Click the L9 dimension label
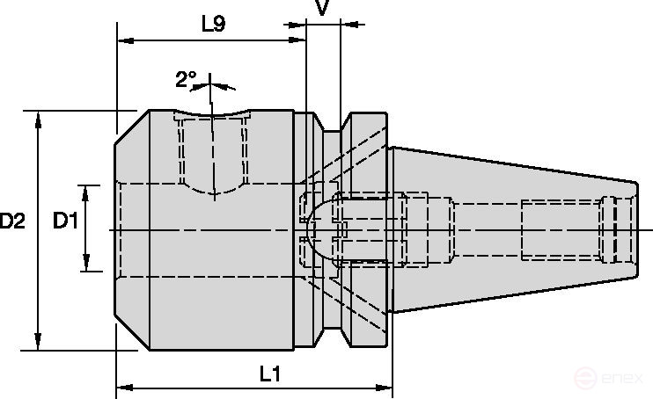[x=214, y=24]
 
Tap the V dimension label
[x=322, y=8]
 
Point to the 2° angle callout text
[x=185, y=80]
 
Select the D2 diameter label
[x=12, y=221]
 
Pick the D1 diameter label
[x=65, y=221]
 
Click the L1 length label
[x=269, y=374]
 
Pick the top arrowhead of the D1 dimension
[x=86, y=191]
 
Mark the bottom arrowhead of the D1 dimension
[x=86, y=265]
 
